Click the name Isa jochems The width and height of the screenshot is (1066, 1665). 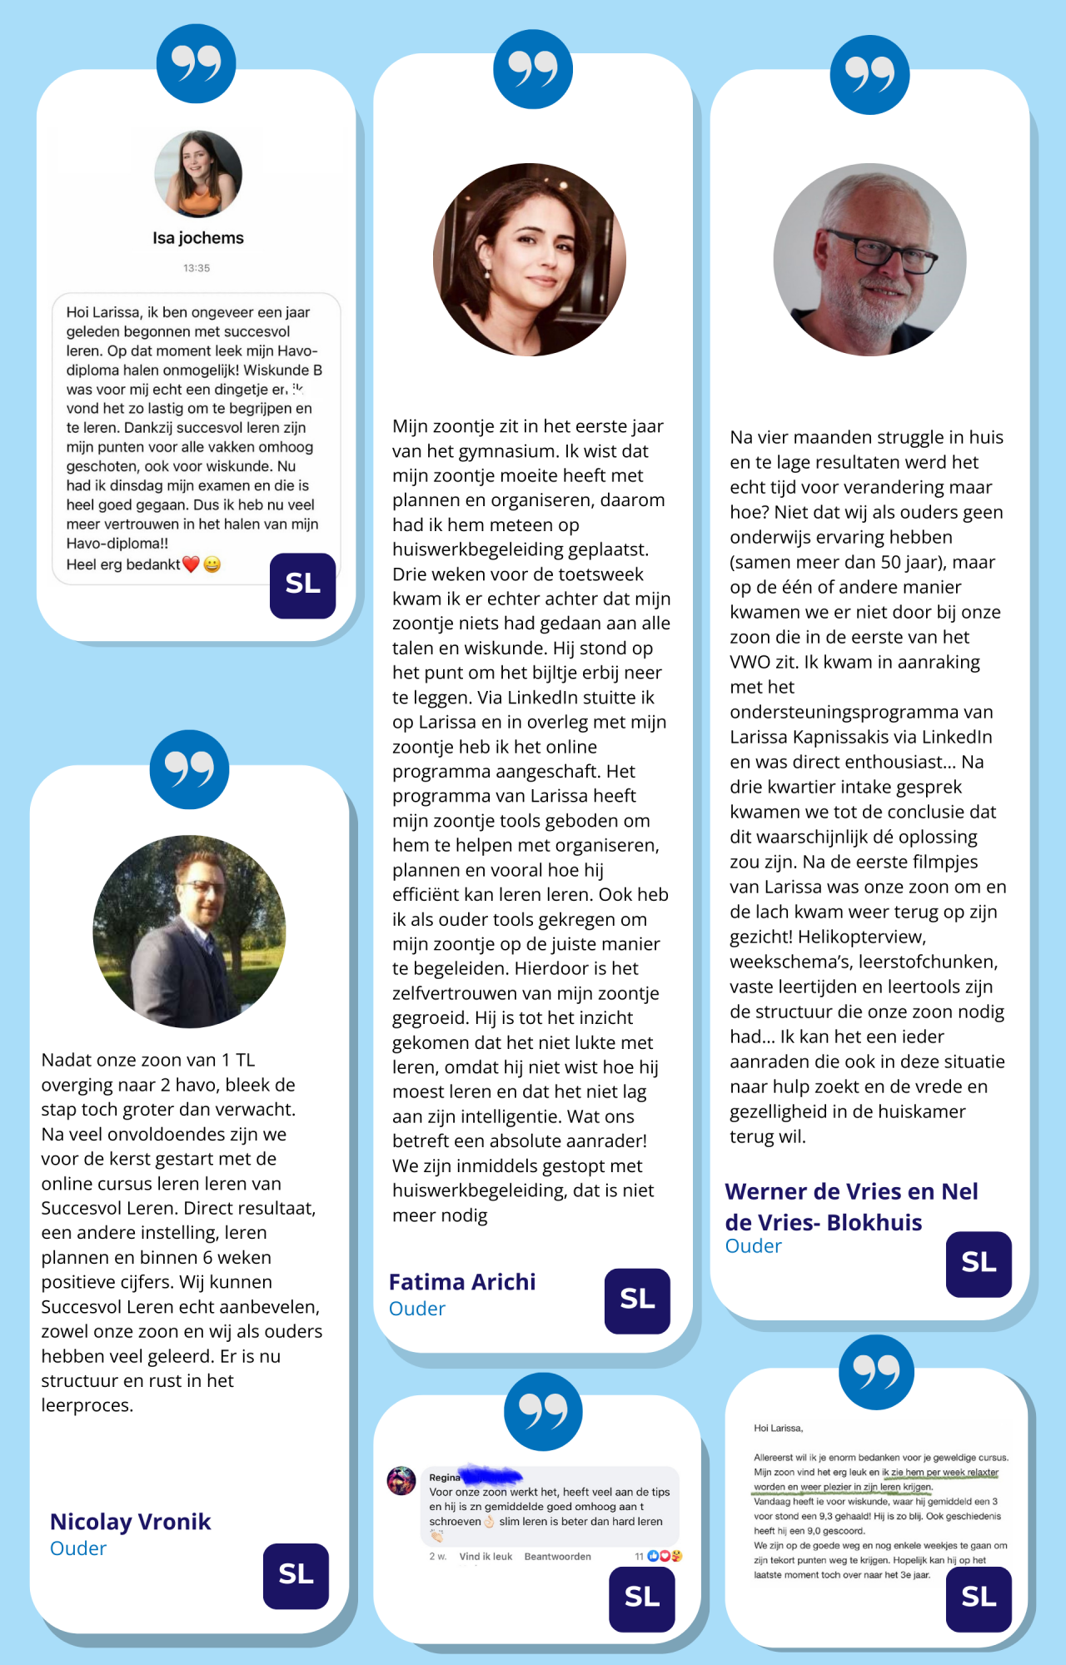click(198, 238)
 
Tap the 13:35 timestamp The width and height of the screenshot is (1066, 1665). click(197, 268)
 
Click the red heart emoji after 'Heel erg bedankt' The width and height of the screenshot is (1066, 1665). click(191, 564)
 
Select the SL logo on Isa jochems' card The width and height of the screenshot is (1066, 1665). click(302, 585)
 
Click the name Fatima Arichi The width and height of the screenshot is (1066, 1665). click(462, 1282)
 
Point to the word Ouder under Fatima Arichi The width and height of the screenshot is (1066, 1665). click(417, 1309)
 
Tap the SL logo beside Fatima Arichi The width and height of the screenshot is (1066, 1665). click(637, 1300)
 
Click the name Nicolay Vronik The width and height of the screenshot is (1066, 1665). click(131, 1522)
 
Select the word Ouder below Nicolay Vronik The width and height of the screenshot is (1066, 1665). click(78, 1548)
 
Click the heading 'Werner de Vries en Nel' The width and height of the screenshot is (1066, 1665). click(851, 1191)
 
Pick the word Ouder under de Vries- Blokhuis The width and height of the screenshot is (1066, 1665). click(754, 1246)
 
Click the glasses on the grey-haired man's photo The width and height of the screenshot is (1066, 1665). click(883, 251)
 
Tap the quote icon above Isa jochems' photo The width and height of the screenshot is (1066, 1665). click(197, 63)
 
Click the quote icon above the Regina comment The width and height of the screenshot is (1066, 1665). click(543, 1411)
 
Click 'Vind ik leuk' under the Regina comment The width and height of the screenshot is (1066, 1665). click(486, 1556)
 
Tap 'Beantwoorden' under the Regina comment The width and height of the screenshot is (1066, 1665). click(558, 1556)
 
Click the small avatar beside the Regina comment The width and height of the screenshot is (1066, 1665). click(401, 1481)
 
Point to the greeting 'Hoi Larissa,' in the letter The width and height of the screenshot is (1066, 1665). click(778, 1428)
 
